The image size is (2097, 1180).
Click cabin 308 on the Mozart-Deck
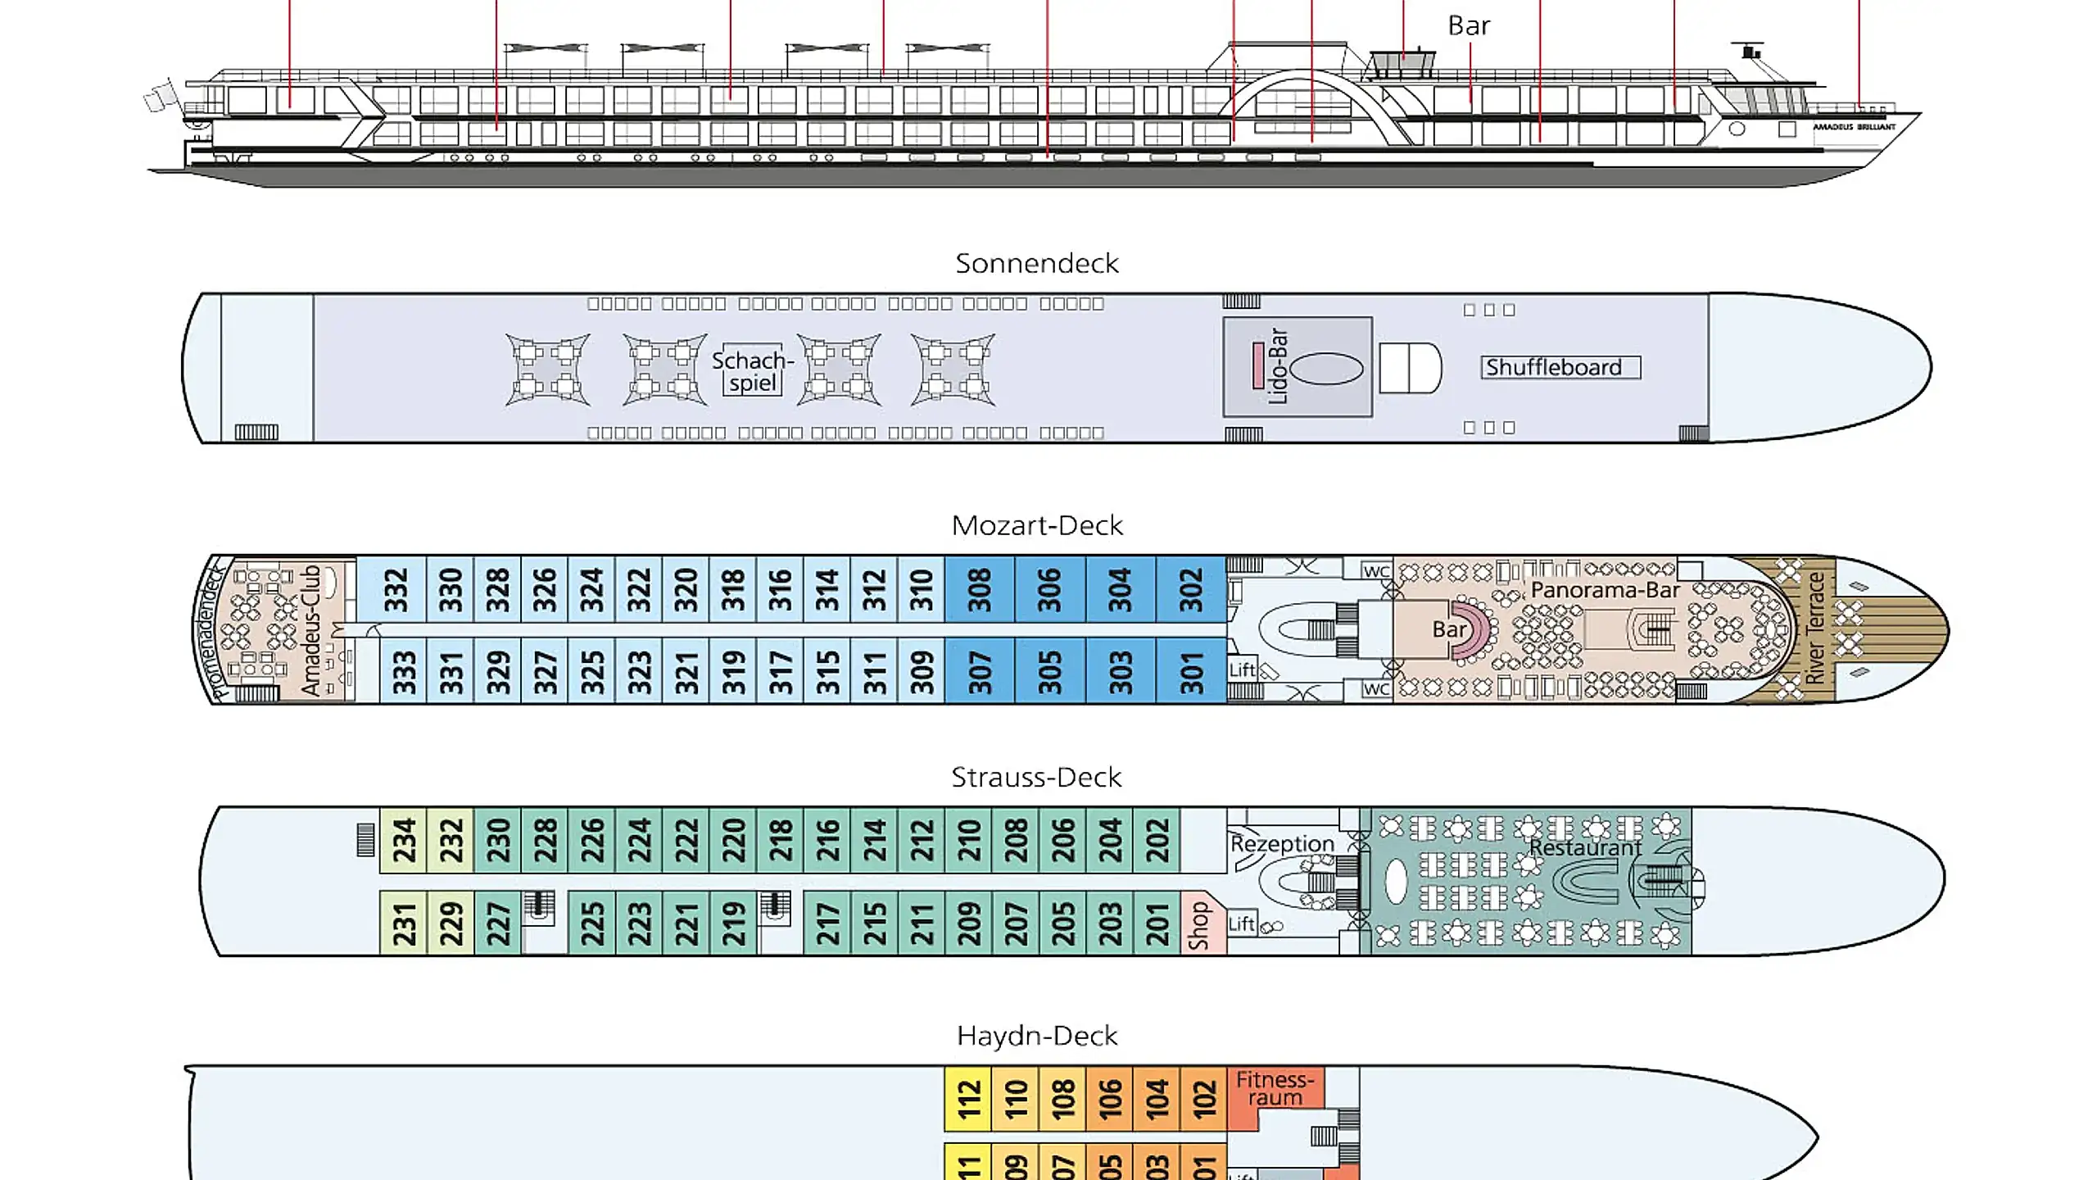tap(980, 590)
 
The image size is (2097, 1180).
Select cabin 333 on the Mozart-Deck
tap(404, 672)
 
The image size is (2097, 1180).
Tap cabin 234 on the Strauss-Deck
tap(404, 841)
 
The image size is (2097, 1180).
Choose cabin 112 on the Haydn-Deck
tap(968, 1099)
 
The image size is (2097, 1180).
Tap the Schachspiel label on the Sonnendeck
tap(752, 371)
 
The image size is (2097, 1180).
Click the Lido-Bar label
tap(1277, 366)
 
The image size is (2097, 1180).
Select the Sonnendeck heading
tap(1036, 263)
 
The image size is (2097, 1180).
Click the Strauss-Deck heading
tap(1036, 777)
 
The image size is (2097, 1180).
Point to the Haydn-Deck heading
tap(1036, 1036)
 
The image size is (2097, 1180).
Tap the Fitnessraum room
tap(1275, 1089)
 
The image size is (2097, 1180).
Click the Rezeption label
tap(1282, 844)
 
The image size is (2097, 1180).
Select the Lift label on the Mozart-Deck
tap(1242, 669)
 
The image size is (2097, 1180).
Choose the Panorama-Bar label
tap(1605, 590)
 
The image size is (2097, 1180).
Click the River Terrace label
tap(1815, 629)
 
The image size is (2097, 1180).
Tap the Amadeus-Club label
tap(310, 629)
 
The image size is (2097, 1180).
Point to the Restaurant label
tap(1585, 847)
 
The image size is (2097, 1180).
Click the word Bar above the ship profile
tap(1469, 25)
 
